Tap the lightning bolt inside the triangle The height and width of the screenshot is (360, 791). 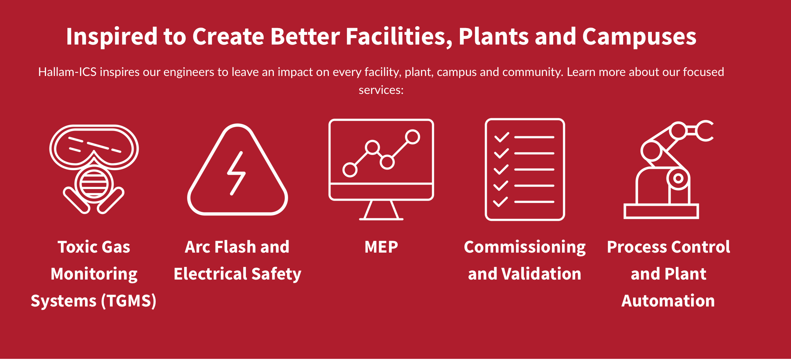[x=236, y=173]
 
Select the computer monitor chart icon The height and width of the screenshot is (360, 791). [x=381, y=170]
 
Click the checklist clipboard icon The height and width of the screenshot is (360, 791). [x=525, y=170]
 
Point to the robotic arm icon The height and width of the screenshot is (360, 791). [x=668, y=170]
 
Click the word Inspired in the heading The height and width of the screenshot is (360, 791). [x=112, y=37]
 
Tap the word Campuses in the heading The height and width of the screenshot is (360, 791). [x=639, y=37]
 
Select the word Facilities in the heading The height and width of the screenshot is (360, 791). [x=398, y=37]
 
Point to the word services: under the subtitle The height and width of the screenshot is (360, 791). [x=381, y=90]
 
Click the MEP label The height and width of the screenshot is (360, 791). [x=381, y=247]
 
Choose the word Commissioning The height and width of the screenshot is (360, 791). [x=525, y=247]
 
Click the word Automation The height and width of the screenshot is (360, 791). [x=668, y=301]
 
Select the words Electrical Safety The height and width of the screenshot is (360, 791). [x=237, y=274]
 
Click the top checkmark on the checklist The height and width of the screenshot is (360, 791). [x=501, y=137]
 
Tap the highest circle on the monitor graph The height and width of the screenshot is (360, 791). [x=412, y=137]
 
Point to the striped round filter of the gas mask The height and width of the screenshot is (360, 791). [x=94, y=184]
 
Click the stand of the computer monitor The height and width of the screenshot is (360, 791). [x=381, y=210]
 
